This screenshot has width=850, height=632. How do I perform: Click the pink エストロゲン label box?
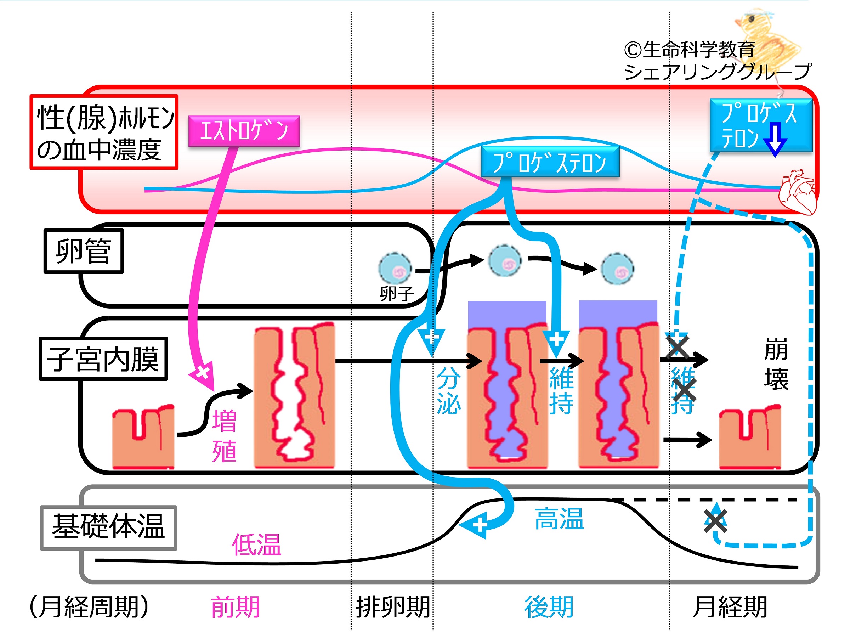click(244, 131)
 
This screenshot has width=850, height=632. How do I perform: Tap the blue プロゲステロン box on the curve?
click(549, 162)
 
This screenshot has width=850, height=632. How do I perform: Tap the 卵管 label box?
click(83, 251)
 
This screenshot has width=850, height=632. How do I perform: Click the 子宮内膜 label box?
click(103, 359)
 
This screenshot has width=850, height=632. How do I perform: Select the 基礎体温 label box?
click(108, 528)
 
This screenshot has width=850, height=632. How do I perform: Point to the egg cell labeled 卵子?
click(395, 269)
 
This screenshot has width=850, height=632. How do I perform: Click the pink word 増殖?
click(225, 436)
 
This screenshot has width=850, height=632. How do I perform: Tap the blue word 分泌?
click(448, 391)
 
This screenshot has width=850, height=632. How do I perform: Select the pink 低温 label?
click(256, 545)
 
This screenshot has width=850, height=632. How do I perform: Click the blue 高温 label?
click(559, 519)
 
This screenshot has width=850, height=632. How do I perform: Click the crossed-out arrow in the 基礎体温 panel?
click(715, 521)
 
